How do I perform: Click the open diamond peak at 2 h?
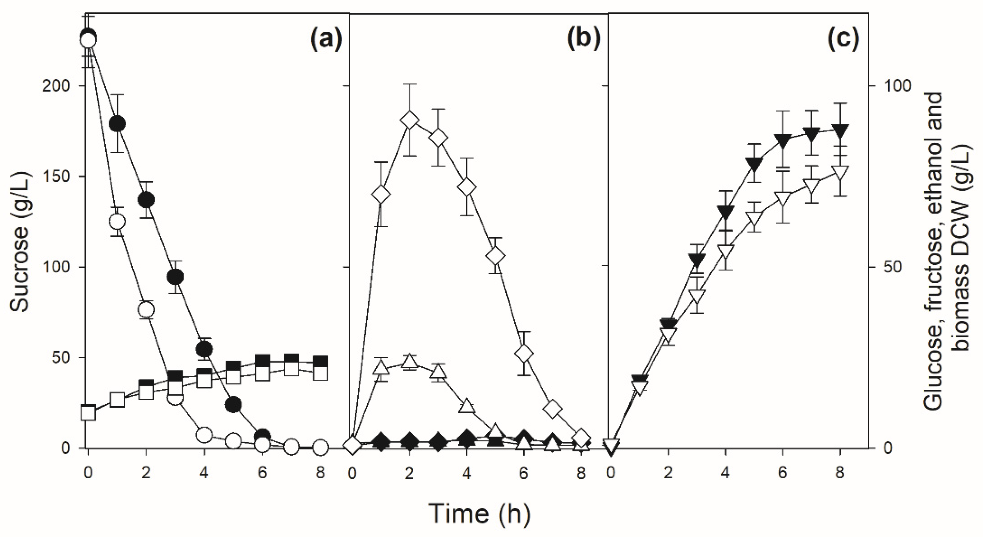409,121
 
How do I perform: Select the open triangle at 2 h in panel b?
409,361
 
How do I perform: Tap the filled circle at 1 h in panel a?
117,123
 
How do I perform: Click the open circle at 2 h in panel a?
146,309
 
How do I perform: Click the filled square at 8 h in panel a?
320,362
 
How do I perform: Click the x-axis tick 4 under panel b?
466,474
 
